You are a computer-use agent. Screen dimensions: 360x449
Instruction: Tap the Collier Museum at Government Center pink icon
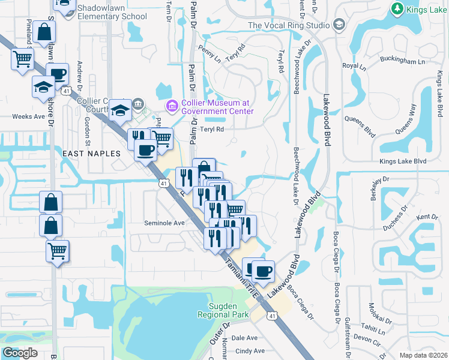pos(172,106)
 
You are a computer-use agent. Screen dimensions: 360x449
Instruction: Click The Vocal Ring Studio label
pos(288,25)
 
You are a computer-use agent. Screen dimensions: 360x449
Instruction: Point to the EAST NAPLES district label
pos(92,154)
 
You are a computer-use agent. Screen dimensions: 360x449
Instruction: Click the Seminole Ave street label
pos(164,223)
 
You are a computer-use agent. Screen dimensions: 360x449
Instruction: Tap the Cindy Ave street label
pos(250,351)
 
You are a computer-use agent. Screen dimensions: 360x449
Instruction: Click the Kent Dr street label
pos(427,217)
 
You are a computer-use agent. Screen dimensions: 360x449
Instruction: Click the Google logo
pos(20,353)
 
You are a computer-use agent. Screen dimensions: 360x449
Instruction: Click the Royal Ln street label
pos(350,65)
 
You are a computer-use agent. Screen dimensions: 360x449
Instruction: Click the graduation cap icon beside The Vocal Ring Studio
pos(339,25)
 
